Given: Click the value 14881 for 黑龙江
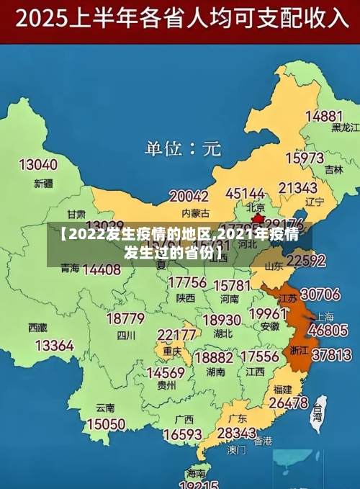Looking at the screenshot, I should pos(323,116).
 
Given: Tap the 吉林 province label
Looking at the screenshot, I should pos(333,171).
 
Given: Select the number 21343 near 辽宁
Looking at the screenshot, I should pos(298,188).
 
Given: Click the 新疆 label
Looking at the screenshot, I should pos(44,184).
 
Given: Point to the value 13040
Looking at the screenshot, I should pos(37,165).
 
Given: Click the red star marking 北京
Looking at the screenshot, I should pos(257,217).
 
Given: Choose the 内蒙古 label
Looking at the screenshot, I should pos(195,213).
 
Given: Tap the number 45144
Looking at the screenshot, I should pos(246,194).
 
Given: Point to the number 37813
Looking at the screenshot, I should pos(331,355).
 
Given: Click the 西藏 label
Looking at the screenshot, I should pos(37,327).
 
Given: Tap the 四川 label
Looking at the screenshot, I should pos(126,335).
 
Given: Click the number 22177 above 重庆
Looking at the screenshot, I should pos(177,335).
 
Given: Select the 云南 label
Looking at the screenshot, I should pos(105,408).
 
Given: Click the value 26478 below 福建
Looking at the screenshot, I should pos(289,403).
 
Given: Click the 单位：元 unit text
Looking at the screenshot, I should pos(183,149).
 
